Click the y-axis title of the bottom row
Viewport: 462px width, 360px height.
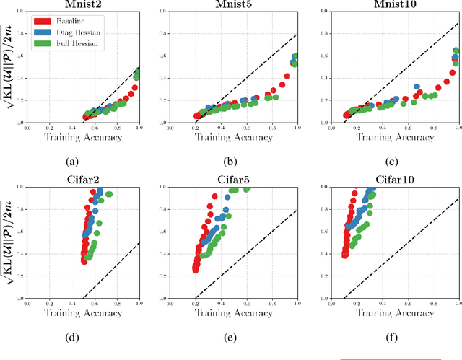pos(8,243)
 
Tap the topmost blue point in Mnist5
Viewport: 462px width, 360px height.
pos(295,57)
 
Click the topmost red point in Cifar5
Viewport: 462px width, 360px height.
pos(214,196)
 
